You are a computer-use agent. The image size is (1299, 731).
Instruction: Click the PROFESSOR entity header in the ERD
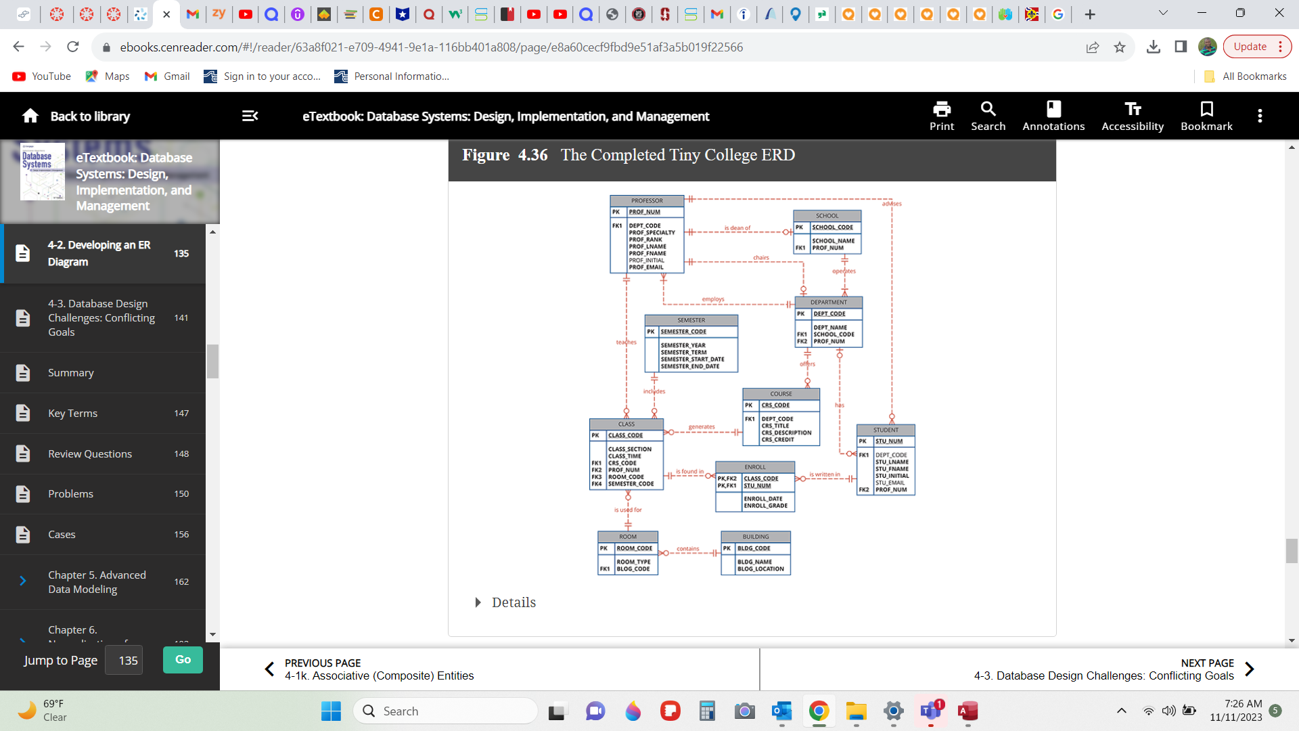coord(647,200)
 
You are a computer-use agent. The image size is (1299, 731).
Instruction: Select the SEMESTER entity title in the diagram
coord(691,320)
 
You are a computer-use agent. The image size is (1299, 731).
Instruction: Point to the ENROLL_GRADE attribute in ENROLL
coord(765,506)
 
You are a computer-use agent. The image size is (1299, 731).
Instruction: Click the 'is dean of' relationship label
coord(737,228)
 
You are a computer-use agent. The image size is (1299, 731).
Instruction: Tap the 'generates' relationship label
coord(701,427)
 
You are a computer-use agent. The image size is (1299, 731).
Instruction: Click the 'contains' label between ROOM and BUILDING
coord(687,549)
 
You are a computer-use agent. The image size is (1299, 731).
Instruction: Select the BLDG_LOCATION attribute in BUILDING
coord(760,569)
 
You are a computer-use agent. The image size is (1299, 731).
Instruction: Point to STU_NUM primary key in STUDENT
coord(889,441)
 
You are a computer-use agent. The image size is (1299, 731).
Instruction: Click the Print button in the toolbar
coord(941,116)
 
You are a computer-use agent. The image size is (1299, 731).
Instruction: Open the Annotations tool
coord(1053,116)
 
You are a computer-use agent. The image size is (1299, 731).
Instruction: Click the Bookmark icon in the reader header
coord(1206,116)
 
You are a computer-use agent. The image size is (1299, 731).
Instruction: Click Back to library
coord(76,116)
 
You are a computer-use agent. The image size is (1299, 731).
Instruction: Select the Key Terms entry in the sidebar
coord(72,414)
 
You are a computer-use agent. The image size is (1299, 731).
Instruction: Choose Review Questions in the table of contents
coord(89,454)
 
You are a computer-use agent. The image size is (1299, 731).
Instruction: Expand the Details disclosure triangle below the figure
coord(478,602)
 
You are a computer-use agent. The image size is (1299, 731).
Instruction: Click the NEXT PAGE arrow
coord(1249,669)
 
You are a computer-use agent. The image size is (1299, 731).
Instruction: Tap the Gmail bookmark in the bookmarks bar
coord(167,76)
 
